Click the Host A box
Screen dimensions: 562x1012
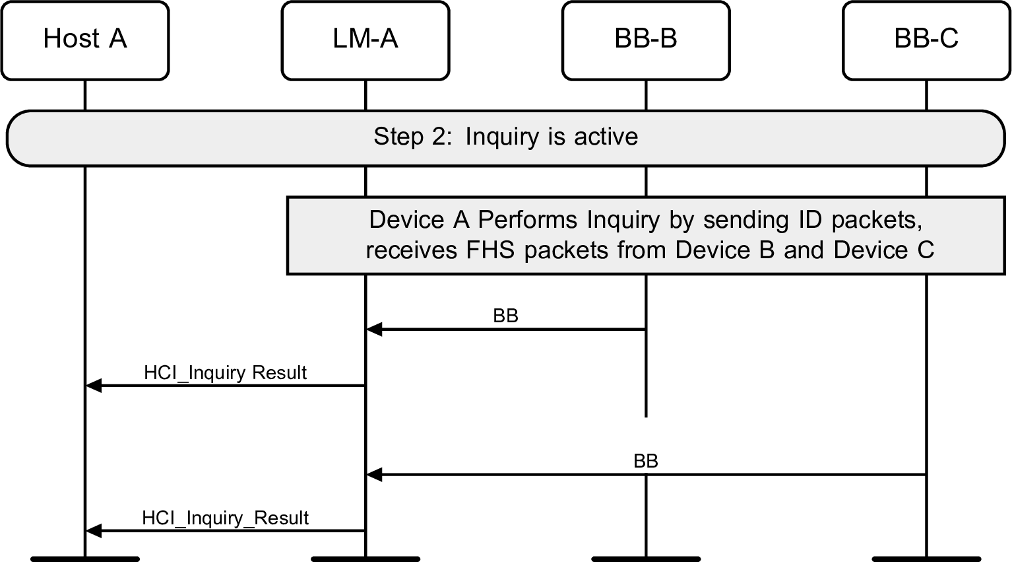click(84, 40)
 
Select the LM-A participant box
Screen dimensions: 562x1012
click(365, 40)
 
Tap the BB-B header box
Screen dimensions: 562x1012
click(646, 40)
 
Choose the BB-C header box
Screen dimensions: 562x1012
click(926, 40)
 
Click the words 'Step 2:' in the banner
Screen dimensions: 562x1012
click(413, 137)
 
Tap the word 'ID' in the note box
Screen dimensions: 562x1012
click(811, 219)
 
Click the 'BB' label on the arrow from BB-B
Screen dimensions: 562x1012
click(505, 316)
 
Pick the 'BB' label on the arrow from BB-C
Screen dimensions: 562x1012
click(645, 461)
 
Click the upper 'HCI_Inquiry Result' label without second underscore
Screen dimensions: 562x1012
click(225, 372)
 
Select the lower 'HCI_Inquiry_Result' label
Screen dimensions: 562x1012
click(225, 518)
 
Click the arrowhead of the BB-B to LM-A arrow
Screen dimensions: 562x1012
click(374, 329)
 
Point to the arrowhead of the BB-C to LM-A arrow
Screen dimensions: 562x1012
click(374, 474)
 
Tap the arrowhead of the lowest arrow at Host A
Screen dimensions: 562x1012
click(94, 530)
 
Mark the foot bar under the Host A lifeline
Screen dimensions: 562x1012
click(84, 559)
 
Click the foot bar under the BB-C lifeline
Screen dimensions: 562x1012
click(926, 559)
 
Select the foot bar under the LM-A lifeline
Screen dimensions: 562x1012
click(365, 559)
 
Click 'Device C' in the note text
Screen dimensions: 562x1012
click(883, 250)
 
